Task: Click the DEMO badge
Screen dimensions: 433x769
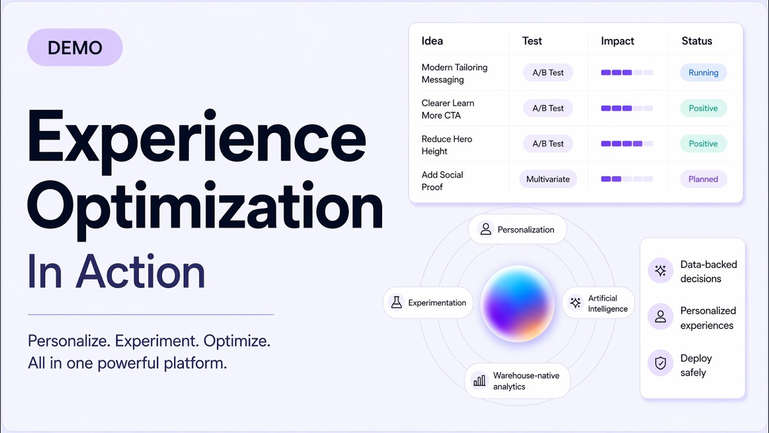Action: (x=74, y=48)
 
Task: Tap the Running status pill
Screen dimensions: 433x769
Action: (x=703, y=73)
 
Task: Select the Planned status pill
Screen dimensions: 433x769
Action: (x=703, y=179)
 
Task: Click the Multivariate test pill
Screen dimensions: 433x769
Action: (x=548, y=179)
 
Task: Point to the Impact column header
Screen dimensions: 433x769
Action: (x=618, y=41)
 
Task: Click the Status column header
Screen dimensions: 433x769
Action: (x=696, y=41)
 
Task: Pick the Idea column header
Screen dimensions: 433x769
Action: (x=432, y=41)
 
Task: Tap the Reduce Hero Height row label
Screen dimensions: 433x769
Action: (x=446, y=145)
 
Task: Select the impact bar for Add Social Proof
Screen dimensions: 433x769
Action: (x=627, y=179)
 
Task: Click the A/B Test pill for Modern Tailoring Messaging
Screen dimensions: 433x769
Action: (x=548, y=73)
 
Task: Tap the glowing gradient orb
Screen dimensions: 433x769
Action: (x=517, y=304)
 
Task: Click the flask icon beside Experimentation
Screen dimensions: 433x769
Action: (x=397, y=302)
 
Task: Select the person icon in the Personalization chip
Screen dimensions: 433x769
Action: (x=485, y=229)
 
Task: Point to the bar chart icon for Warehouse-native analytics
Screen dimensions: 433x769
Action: (x=479, y=381)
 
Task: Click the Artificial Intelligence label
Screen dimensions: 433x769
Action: (x=607, y=303)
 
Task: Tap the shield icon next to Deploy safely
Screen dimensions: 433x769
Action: (x=660, y=363)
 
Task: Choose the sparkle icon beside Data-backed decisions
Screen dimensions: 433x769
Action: (x=660, y=271)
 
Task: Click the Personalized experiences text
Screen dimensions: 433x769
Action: (x=708, y=318)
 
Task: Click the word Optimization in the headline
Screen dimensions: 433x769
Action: (x=205, y=206)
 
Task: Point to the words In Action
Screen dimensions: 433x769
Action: (x=117, y=272)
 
